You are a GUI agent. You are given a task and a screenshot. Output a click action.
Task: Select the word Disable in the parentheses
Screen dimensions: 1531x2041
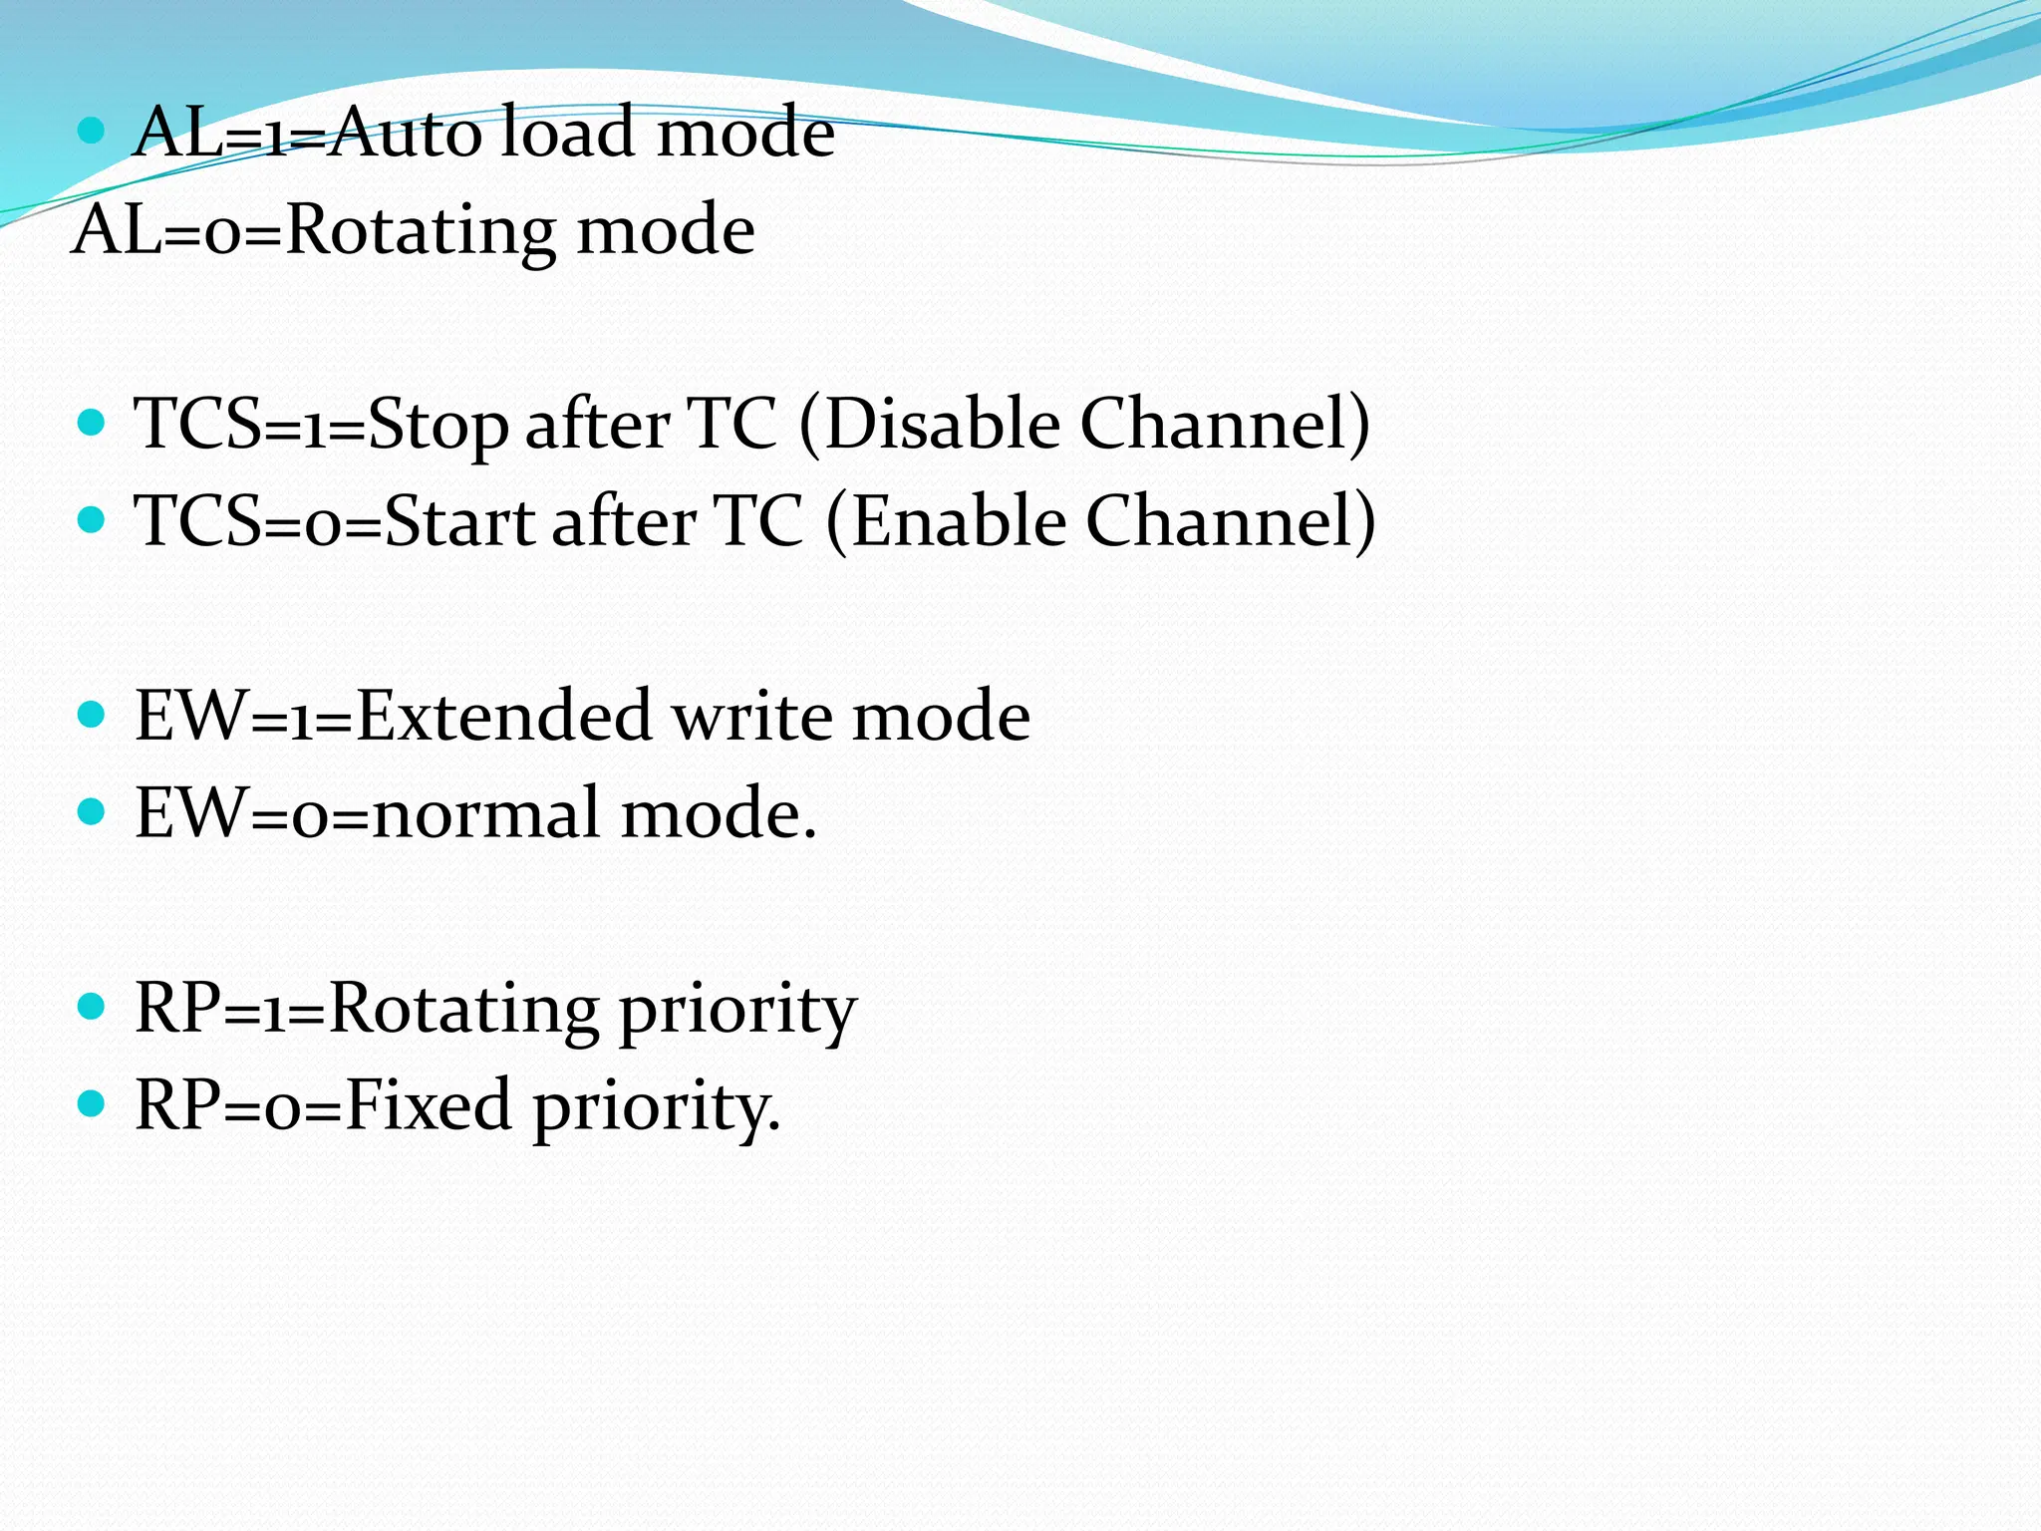pyautogui.click(x=942, y=424)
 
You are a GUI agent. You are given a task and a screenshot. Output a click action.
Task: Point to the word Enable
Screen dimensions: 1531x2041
pyautogui.click(x=959, y=520)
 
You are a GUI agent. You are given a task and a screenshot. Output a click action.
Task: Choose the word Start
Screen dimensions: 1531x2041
pyautogui.click(x=459, y=521)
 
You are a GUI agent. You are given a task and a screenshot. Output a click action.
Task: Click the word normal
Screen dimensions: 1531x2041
pyautogui.click(x=486, y=813)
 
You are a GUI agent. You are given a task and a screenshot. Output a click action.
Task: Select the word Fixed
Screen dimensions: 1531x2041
pyautogui.click(x=429, y=1104)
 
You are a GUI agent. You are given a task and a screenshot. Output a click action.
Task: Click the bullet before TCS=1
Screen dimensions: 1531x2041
pyautogui.click(x=91, y=423)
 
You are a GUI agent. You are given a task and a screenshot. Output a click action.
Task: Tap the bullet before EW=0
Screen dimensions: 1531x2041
pyautogui.click(x=91, y=811)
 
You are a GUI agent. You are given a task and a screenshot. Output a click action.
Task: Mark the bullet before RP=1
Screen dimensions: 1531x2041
pyautogui.click(x=91, y=1006)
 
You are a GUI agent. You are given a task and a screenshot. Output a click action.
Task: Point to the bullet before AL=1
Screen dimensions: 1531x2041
pyautogui.click(x=91, y=130)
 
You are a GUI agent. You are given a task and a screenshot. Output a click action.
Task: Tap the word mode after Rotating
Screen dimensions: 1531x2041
pyautogui.click(x=666, y=230)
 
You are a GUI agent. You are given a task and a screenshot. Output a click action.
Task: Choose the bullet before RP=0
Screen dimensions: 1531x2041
pyautogui.click(x=91, y=1103)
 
